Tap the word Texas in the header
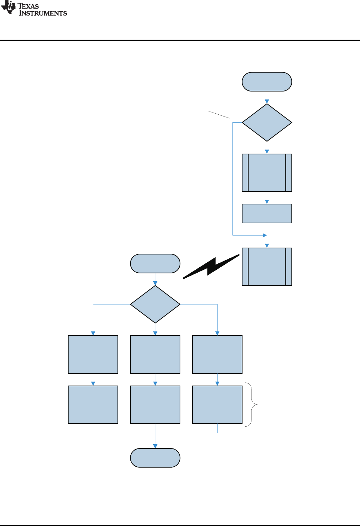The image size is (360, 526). (28, 6)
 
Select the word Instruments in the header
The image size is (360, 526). (43, 13)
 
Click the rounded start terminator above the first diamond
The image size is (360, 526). (267, 82)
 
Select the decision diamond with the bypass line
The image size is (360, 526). (267, 123)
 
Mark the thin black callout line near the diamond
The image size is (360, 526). (218, 114)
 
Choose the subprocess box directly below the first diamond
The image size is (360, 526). (267, 173)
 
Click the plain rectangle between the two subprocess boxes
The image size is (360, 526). (267, 213)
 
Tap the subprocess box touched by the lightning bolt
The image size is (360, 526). (267, 267)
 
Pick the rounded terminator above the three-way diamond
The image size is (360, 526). (155, 264)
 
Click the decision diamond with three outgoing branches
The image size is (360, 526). (155, 304)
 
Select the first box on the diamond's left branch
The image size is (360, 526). (93, 354)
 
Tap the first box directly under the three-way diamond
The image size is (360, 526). (155, 354)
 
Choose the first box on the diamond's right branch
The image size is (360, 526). (217, 354)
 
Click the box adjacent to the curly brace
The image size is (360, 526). (217, 405)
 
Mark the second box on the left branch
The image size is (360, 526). (93, 405)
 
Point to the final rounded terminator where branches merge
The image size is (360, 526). (155, 458)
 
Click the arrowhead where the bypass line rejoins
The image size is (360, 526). (265, 235)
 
